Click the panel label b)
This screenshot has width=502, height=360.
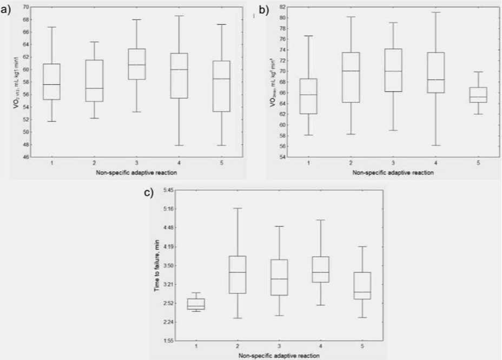264,9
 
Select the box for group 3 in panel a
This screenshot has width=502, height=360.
136,64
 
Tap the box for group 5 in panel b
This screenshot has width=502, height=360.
478,95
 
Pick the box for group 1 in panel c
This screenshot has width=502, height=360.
195,304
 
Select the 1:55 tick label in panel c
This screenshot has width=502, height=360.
166,341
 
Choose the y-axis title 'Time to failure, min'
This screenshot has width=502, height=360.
157,265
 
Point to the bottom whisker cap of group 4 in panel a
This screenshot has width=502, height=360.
179,145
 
